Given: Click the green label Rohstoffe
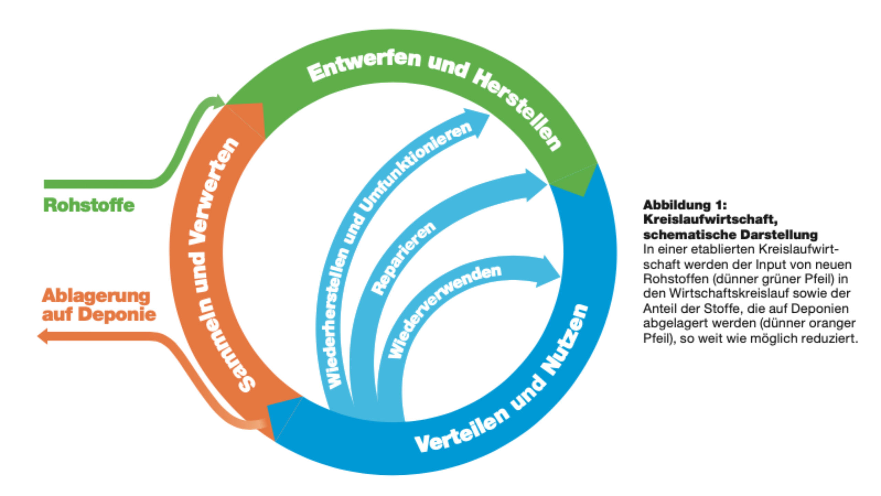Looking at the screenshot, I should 89,205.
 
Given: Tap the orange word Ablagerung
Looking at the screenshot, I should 96,296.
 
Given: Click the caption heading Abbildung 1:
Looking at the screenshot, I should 684,205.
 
